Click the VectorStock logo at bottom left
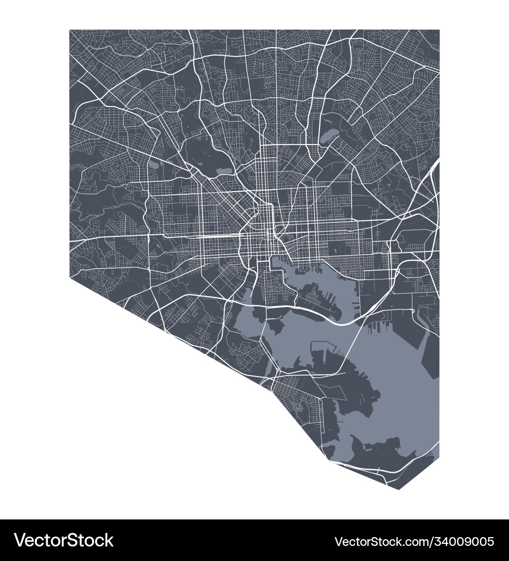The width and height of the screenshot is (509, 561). [x=64, y=540]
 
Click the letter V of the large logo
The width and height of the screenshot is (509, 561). [x=20, y=540]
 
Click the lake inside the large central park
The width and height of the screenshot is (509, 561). [x=224, y=170]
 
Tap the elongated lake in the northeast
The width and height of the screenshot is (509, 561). [x=329, y=137]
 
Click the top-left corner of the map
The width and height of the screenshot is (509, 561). [x=70, y=30]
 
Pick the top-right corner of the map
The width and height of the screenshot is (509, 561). [x=439, y=30]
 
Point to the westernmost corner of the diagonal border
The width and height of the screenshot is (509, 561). [x=70, y=277]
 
